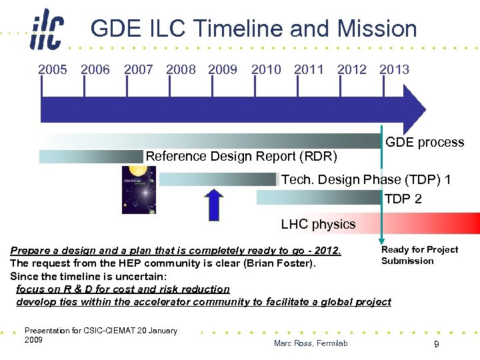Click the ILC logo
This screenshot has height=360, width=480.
pyautogui.click(x=47, y=30)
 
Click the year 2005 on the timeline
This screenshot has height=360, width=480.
pyautogui.click(x=53, y=69)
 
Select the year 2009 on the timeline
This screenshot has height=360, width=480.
pyautogui.click(x=223, y=69)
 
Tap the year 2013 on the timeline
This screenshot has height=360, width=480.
pyautogui.click(x=394, y=69)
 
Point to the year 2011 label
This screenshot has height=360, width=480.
pyautogui.click(x=309, y=69)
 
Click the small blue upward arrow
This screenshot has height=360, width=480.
pyautogui.click(x=213, y=204)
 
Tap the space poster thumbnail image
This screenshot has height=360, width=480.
pyautogui.click(x=139, y=189)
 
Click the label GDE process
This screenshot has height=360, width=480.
pyautogui.click(x=425, y=142)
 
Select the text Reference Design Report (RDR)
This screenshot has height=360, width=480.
pyautogui.click(x=241, y=157)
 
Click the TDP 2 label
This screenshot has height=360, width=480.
pyautogui.click(x=403, y=199)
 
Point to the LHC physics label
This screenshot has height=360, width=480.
pyautogui.click(x=318, y=224)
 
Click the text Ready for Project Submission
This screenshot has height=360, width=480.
pyautogui.click(x=419, y=255)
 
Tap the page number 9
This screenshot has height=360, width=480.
pyautogui.click(x=435, y=344)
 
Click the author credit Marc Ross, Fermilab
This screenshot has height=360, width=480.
pyautogui.click(x=310, y=343)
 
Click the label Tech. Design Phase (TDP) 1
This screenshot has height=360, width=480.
pyautogui.click(x=366, y=179)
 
